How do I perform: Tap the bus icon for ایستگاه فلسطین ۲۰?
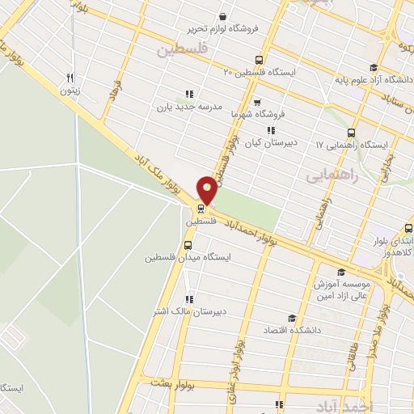point(259,59)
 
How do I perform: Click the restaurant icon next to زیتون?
point(71,78)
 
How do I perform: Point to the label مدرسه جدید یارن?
point(188,106)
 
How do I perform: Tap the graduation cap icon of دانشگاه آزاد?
point(373,68)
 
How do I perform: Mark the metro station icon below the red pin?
point(201,207)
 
